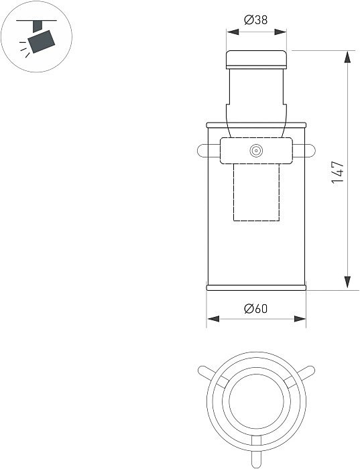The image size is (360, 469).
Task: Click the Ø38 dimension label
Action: tap(256, 20)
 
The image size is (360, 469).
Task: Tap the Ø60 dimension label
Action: tap(256, 308)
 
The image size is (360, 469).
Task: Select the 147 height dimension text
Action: tap(338, 172)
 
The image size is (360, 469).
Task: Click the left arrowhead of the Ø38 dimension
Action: tap(233, 31)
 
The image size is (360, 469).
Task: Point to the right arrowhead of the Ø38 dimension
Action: tap(280, 31)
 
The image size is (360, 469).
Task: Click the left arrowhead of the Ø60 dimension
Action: tap(213, 319)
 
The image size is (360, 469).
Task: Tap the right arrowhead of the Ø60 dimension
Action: tap(300, 319)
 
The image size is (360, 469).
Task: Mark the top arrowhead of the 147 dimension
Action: tap(347, 57)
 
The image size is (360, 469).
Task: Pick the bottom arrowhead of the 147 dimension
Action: tap(347, 282)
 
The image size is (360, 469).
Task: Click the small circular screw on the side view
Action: tap(256, 151)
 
